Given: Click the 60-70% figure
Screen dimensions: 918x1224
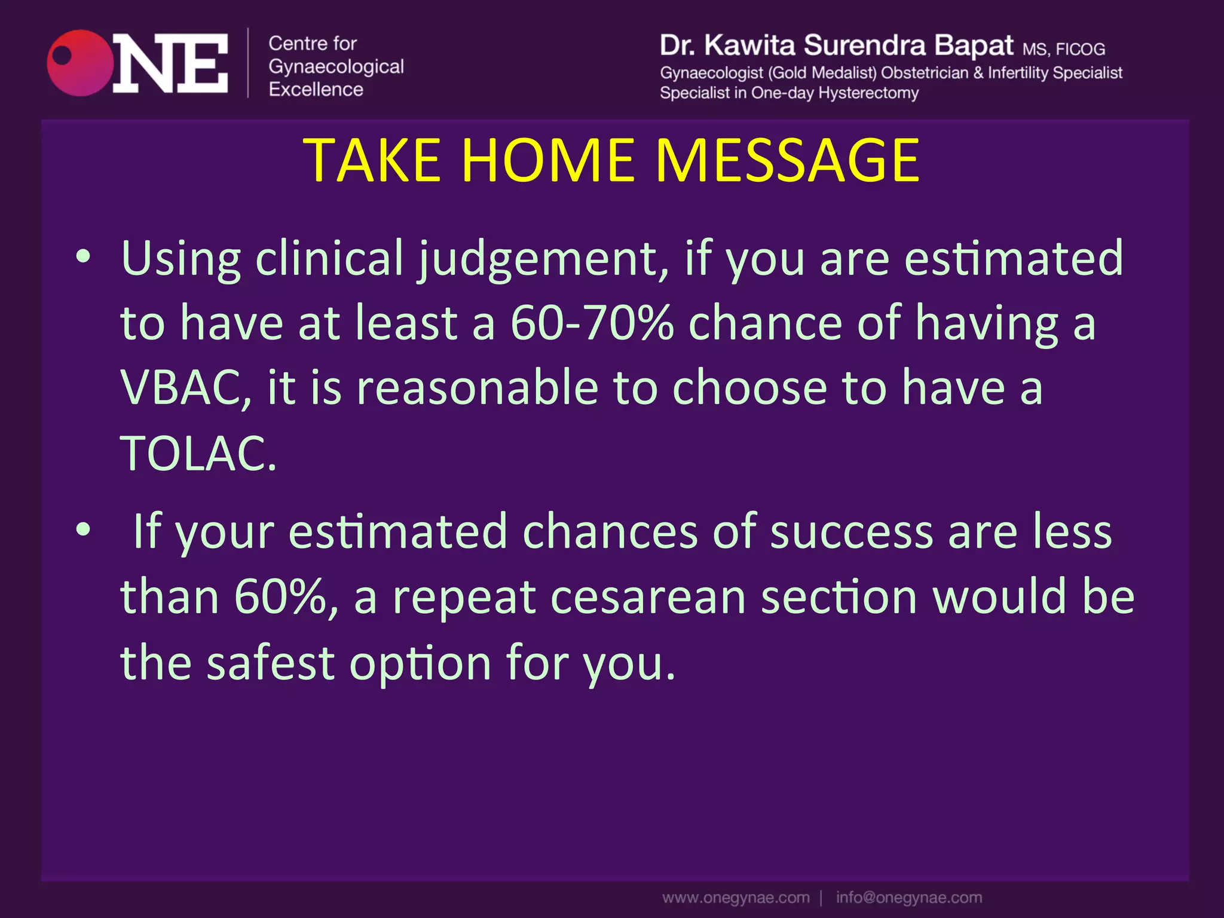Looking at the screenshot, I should [x=592, y=323].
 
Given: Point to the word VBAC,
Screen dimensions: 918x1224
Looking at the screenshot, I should [x=186, y=388].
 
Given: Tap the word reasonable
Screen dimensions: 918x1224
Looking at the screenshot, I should [x=477, y=388].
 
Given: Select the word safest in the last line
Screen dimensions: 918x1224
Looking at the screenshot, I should [x=270, y=663].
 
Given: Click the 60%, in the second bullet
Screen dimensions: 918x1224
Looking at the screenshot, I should [x=286, y=597].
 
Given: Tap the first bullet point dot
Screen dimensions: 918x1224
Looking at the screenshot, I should [x=83, y=257].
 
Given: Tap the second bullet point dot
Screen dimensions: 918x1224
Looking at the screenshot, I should [x=83, y=530].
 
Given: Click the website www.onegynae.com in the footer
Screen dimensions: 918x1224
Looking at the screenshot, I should [x=736, y=898].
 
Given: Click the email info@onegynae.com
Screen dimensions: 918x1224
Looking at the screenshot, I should [x=908, y=898].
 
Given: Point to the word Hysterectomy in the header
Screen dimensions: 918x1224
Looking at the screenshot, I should [x=868, y=93].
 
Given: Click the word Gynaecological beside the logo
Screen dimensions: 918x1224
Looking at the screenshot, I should [x=336, y=67].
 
